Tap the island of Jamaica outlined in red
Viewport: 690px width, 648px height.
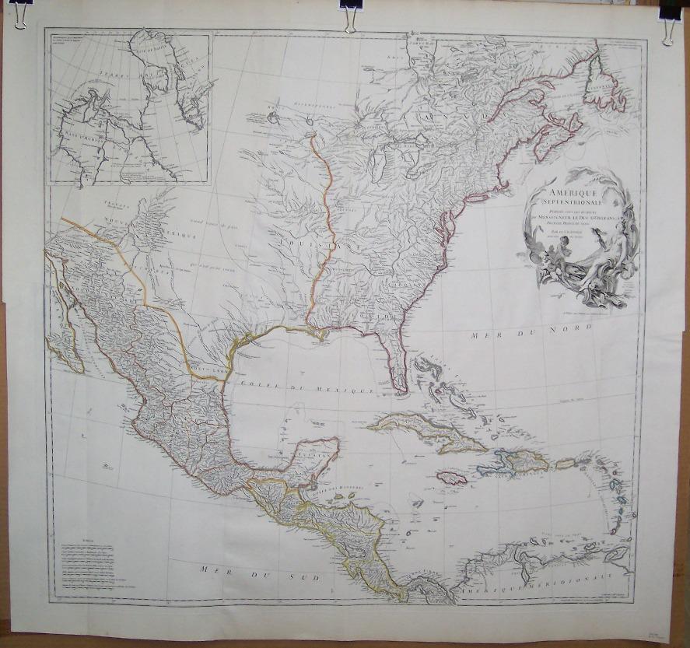[x=452, y=478]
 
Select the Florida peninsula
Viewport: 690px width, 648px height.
[x=394, y=357]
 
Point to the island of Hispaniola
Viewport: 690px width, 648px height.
[x=517, y=462]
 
